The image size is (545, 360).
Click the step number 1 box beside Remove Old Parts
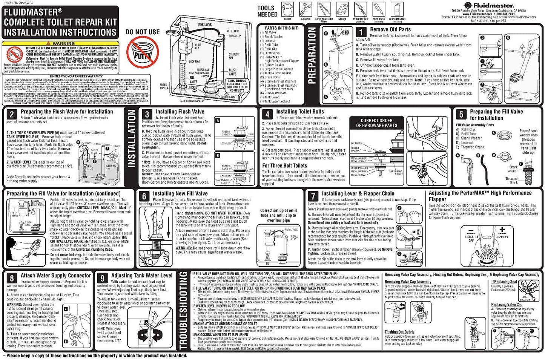(361, 32)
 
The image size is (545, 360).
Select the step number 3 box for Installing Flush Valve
(147, 114)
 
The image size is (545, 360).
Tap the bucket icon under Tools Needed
(288, 9)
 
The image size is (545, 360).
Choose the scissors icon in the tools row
(306, 9)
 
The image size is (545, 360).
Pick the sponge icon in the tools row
(342, 9)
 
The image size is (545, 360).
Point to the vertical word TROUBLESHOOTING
(183, 311)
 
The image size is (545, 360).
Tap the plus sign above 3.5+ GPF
(502, 230)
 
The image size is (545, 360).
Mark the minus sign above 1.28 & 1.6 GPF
(470, 230)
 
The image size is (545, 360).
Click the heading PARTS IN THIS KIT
(281, 28)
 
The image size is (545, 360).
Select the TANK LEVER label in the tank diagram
(204, 25)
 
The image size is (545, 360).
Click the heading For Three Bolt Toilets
(284, 165)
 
